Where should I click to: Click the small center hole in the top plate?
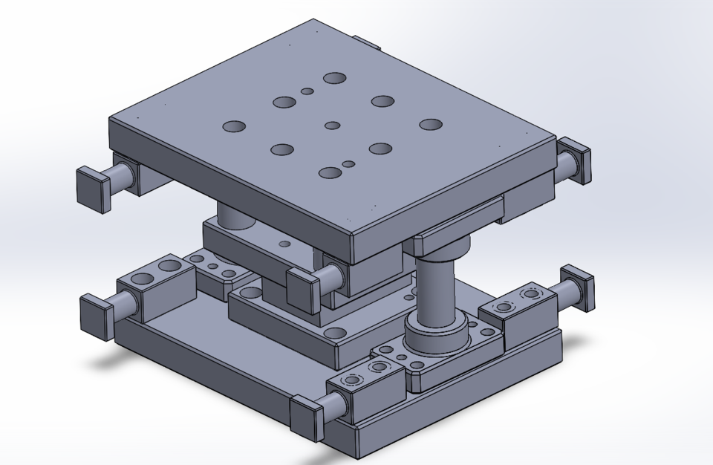333,126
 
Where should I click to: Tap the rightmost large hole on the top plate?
431,124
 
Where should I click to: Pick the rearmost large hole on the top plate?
335,78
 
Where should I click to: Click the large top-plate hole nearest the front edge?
330,173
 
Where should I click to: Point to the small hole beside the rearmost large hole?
307,91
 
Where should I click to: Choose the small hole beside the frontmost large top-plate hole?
348,163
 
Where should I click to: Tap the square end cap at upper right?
576,160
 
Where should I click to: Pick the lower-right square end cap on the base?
579,288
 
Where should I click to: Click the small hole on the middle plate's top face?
284,243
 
